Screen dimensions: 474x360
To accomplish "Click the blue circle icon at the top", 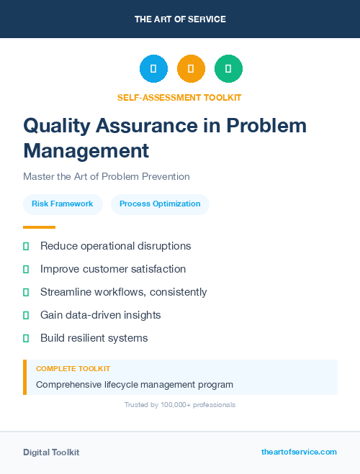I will coord(153,69).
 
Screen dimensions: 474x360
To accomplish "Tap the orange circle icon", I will coord(191,69).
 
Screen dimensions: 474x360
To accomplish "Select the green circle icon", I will coord(228,69).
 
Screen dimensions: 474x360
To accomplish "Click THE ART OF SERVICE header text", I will coord(180,19).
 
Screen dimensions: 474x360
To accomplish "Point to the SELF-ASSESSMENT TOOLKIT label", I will coord(180,97).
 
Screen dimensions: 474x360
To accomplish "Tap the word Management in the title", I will coord(86,151).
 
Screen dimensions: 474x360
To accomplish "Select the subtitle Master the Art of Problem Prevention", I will coord(106,176).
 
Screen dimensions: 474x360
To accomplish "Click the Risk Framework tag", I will coord(63,204).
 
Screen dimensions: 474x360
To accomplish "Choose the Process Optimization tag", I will coord(160,204).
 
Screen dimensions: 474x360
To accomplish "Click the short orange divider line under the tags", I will coord(39,227).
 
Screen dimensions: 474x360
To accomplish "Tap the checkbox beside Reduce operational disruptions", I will coord(26,246).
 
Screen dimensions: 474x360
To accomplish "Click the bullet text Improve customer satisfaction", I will coord(113,269).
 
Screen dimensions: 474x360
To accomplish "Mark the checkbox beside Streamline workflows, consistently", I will coord(26,292).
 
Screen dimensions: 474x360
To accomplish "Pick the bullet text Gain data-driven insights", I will coord(100,315).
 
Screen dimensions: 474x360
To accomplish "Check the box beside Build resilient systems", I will coord(26,338).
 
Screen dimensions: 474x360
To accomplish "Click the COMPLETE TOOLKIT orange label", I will coord(73,369).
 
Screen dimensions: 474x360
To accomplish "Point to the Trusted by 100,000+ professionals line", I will coord(180,405).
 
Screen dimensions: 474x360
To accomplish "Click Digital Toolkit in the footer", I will coord(51,452).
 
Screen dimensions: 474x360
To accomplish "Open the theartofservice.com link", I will coord(299,452).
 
